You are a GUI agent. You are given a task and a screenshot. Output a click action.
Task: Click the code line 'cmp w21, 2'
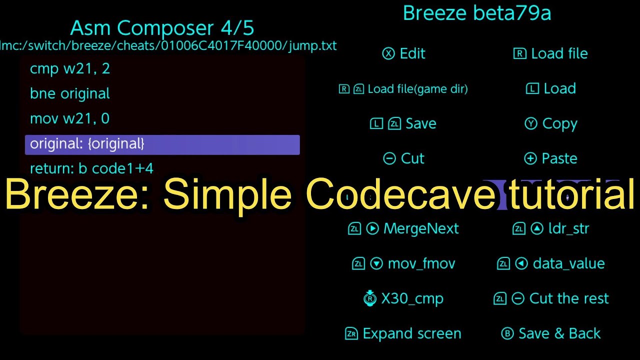[70, 69]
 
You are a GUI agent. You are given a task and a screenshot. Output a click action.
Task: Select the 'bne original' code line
[70, 94]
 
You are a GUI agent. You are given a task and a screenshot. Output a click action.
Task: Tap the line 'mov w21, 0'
[70, 119]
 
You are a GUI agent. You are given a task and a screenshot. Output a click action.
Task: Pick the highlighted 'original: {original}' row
[162, 144]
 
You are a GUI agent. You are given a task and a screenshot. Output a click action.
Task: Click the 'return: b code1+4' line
[91, 169]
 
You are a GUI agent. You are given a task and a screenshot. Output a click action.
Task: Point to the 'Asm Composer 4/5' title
[162, 28]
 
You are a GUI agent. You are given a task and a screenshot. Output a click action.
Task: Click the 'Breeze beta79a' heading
[477, 13]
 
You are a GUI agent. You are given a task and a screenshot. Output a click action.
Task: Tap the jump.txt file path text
[168, 46]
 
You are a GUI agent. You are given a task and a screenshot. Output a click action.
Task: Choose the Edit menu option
[404, 54]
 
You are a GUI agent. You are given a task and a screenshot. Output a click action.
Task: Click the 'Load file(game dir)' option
[403, 89]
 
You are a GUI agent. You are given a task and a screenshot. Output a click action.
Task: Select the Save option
[403, 124]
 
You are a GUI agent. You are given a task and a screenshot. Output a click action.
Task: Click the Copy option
[551, 124]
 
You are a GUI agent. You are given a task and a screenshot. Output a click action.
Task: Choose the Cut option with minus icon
[404, 159]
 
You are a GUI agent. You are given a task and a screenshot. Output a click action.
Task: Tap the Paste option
[551, 159]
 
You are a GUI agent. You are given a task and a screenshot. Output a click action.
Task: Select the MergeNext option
[403, 229]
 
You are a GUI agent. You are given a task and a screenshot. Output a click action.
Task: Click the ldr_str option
[551, 229]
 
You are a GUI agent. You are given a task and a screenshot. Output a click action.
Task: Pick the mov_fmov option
[404, 264]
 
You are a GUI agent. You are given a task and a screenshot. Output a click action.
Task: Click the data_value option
[551, 264]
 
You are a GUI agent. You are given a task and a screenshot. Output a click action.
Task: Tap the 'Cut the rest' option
[551, 299]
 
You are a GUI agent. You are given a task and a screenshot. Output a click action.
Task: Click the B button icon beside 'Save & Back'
[507, 334]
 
